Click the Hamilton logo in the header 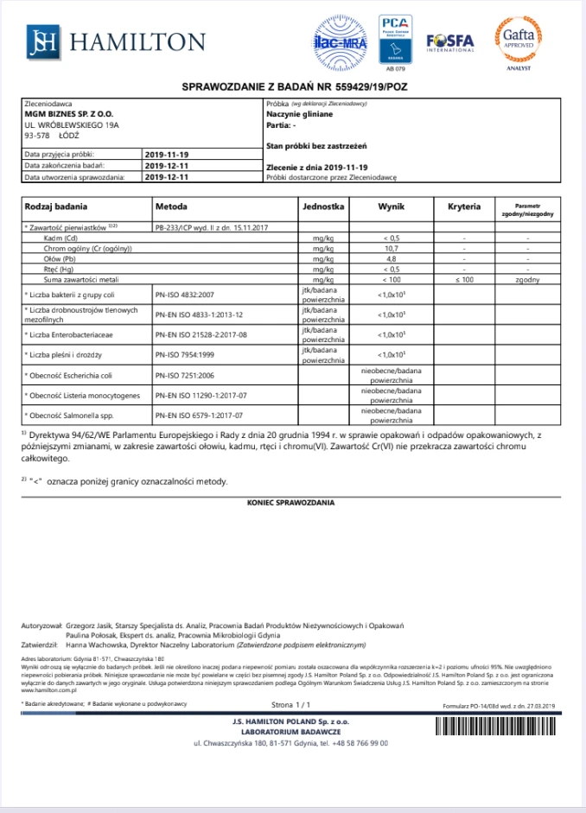click(x=116, y=41)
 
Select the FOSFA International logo click(x=450, y=41)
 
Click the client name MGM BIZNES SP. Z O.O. click(x=69, y=113)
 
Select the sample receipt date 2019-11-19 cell click(x=167, y=153)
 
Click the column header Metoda click(x=171, y=207)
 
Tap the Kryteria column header click(x=464, y=207)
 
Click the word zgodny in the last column click(x=527, y=281)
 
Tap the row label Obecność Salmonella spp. click(x=76, y=416)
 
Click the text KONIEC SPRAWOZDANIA click(x=291, y=501)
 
